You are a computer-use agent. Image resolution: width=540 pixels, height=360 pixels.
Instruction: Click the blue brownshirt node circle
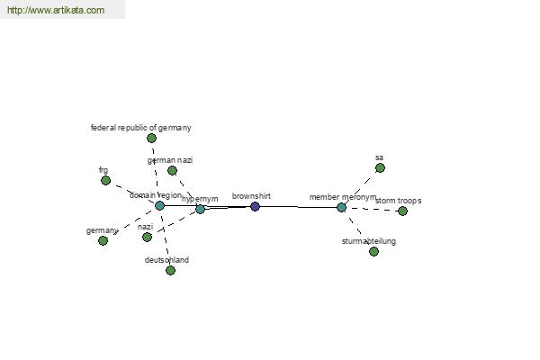coord(255,206)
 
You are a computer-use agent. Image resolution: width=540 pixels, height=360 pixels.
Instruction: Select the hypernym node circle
coord(200,209)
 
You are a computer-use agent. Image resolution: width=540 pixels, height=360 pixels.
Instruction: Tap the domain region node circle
coord(159,205)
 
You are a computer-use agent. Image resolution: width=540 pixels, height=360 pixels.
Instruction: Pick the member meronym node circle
coord(341,207)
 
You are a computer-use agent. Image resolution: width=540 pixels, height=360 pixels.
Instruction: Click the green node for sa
coord(380,167)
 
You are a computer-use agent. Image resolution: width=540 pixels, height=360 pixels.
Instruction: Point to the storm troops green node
coord(402,211)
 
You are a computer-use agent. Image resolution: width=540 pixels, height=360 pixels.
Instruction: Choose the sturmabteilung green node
coord(373,251)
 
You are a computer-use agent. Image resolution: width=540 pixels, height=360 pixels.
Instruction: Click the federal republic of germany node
coord(151,138)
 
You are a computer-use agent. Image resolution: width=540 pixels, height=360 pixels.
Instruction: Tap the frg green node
coord(105,180)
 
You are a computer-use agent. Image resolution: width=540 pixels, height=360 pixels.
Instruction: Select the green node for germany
coord(103,240)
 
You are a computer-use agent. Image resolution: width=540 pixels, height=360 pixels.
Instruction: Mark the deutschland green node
coord(170,270)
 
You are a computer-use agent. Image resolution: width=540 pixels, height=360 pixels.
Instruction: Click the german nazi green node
coord(172,170)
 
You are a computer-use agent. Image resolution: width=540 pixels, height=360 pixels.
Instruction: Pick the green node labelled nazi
coord(147,237)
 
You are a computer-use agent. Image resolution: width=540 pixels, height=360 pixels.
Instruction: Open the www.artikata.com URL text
coord(55,11)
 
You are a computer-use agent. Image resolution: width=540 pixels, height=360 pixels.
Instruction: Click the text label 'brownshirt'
coord(251,195)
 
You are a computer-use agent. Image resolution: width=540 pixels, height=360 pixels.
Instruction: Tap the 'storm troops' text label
coord(398,201)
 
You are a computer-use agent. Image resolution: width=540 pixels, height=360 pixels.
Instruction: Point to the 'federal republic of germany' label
coord(141,128)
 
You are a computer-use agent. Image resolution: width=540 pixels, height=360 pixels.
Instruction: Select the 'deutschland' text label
coord(166,260)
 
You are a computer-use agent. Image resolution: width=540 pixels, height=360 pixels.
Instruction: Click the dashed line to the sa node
coord(361,187)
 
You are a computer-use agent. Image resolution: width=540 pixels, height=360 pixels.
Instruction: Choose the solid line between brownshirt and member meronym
coord(298,207)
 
